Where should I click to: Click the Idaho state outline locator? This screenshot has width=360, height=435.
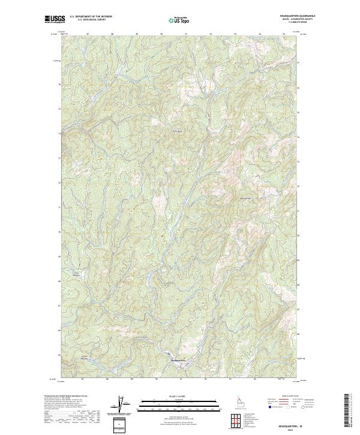coord(239,400)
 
